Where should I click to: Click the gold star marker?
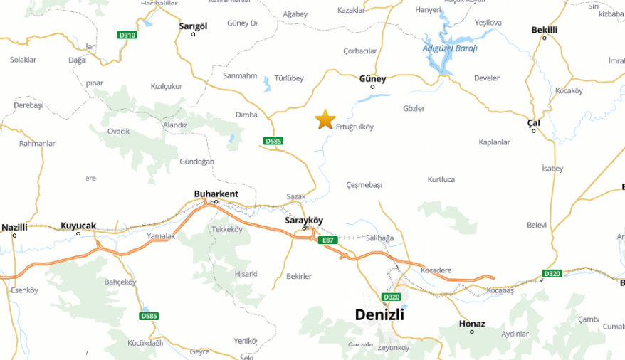click(x=325, y=120)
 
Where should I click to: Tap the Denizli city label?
click(x=379, y=314)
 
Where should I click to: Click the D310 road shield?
click(x=127, y=35)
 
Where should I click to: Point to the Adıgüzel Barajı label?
click(x=449, y=48)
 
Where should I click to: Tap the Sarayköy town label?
click(x=305, y=221)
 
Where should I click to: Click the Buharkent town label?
click(x=216, y=194)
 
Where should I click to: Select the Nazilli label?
click(x=14, y=227)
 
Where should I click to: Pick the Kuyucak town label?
click(x=78, y=225)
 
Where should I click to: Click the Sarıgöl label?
click(x=193, y=26)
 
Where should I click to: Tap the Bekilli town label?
click(x=545, y=29)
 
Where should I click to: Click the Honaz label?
click(x=472, y=324)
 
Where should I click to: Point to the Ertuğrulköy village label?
click(x=354, y=127)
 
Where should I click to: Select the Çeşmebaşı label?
click(x=364, y=185)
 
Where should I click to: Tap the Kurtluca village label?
click(x=441, y=179)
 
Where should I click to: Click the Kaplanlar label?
click(x=494, y=142)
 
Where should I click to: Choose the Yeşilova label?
click(x=488, y=23)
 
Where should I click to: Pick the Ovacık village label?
click(x=118, y=131)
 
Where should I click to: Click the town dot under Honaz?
click(x=472, y=332)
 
